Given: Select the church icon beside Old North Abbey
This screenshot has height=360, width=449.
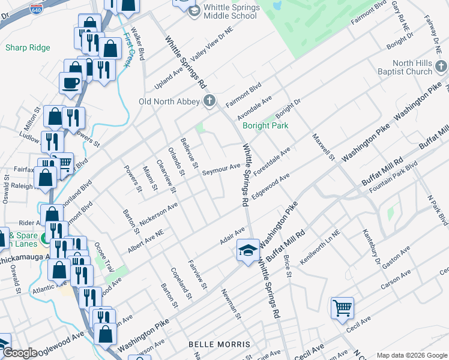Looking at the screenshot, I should pyautogui.click(x=209, y=101).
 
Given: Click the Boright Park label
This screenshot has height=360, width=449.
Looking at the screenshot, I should pyautogui.click(x=265, y=125).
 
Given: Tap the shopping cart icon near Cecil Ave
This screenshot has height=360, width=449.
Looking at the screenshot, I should pyautogui.click(x=342, y=308).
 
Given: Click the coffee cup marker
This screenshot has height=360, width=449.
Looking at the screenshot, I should pyautogui.click(x=70, y=82).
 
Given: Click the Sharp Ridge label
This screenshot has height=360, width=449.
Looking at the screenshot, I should pyautogui.click(x=28, y=47).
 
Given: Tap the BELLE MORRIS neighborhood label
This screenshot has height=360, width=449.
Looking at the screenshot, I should pyautogui.click(x=219, y=344).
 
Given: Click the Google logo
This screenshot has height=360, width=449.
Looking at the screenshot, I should pyautogui.click(x=20, y=353).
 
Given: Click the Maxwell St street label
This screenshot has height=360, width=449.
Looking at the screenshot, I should pyautogui.click(x=323, y=147).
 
